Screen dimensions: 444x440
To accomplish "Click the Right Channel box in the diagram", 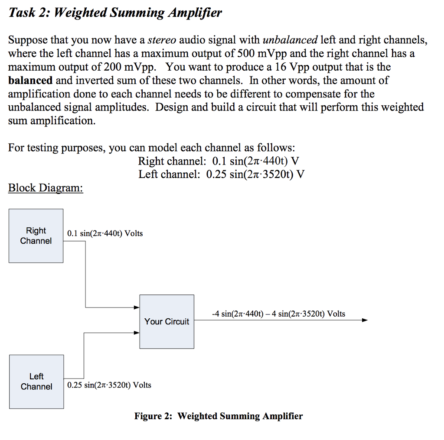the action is click(x=36, y=236).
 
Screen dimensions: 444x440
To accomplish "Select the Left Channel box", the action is click(x=36, y=382).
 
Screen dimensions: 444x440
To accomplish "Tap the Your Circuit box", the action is click(x=166, y=321).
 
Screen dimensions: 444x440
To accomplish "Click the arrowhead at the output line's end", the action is click(x=365, y=320).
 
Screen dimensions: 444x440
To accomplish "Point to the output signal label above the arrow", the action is click(x=278, y=314).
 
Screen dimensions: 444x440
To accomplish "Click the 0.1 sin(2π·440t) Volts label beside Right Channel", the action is click(x=105, y=233).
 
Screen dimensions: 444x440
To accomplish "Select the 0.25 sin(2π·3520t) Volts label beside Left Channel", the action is click(x=109, y=385).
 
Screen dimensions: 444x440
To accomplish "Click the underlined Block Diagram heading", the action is click(x=46, y=188).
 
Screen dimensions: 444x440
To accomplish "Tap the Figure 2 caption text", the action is click(x=219, y=416).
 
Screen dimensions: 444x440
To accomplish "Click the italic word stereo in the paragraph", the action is click(x=162, y=41).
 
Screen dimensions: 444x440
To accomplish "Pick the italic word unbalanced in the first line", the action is click(x=290, y=41).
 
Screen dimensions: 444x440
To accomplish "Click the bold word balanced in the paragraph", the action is click(x=30, y=81).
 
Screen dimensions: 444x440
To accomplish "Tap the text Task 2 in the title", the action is click(x=29, y=13).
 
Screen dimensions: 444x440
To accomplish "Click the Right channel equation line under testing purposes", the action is click(x=219, y=162).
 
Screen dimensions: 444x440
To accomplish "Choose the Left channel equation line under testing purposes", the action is click(x=221, y=175).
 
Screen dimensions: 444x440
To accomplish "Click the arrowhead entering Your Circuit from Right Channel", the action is click(x=137, y=307).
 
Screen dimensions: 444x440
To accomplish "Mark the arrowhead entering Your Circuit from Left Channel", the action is click(x=137, y=333).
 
